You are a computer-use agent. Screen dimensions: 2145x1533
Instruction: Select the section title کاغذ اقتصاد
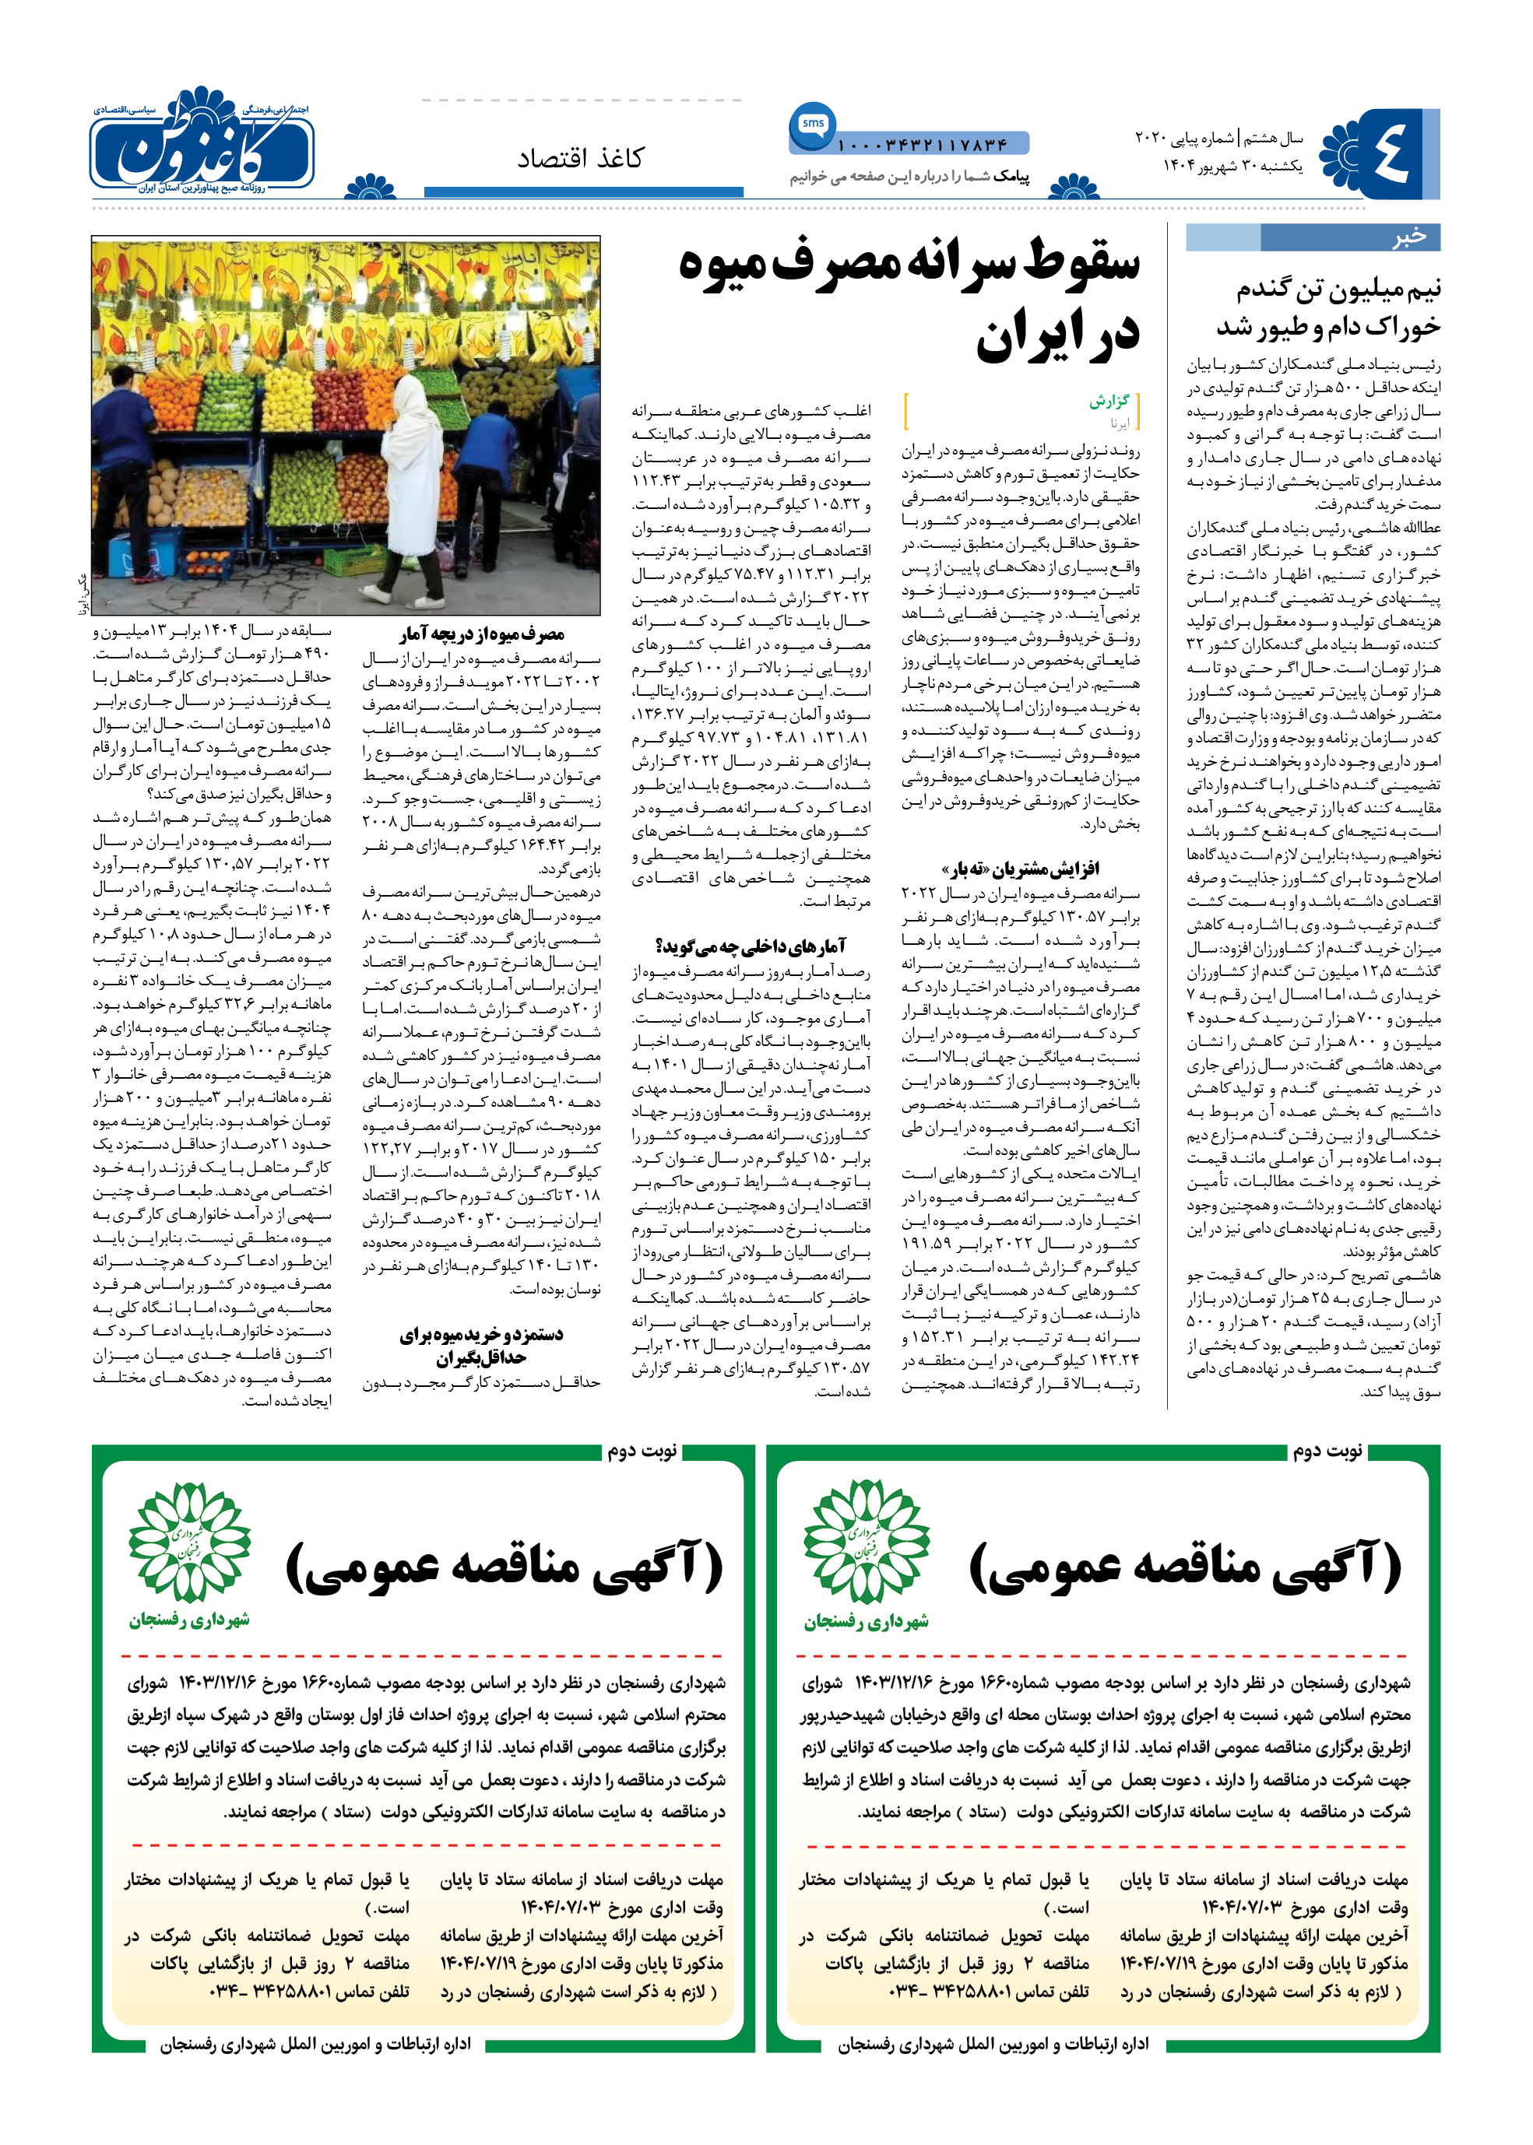581,157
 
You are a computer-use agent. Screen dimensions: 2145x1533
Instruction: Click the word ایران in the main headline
1057,337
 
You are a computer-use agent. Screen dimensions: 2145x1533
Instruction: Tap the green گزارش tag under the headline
1109,401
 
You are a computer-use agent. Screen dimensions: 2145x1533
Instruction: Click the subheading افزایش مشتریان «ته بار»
1019,868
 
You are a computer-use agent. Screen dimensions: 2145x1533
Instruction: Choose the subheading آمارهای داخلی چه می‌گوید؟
751,946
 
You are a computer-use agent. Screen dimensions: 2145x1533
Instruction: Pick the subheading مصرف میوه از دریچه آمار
480,634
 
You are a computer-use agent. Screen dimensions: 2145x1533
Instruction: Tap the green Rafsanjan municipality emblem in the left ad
190,1542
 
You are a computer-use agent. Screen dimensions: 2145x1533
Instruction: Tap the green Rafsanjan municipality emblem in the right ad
866,1542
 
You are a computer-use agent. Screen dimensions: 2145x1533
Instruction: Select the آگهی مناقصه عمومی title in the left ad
505,1567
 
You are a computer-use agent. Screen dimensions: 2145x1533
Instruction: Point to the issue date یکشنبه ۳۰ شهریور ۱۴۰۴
1232,166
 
